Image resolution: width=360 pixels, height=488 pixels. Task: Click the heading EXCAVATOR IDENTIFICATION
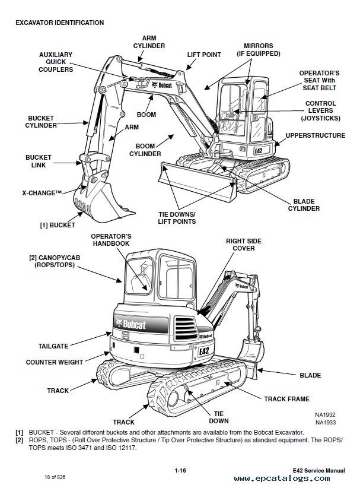point(61,23)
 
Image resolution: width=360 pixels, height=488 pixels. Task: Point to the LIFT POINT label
point(204,55)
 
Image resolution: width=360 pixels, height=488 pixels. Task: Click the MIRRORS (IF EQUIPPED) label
point(257,49)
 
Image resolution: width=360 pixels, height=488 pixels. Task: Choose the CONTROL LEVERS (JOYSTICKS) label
point(321,110)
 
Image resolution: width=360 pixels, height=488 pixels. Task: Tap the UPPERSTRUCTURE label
point(316,135)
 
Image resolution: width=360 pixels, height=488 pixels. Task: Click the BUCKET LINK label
point(39,161)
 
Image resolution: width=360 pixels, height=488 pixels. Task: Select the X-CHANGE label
point(43,193)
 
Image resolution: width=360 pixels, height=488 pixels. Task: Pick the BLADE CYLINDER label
point(304,205)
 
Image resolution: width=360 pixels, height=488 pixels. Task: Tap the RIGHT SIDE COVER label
point(240,245)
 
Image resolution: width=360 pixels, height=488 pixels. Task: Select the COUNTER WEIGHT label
point(54,362)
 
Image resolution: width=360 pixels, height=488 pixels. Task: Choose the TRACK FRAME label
point(286,399)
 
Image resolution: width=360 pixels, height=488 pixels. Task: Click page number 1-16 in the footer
point(180,471)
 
